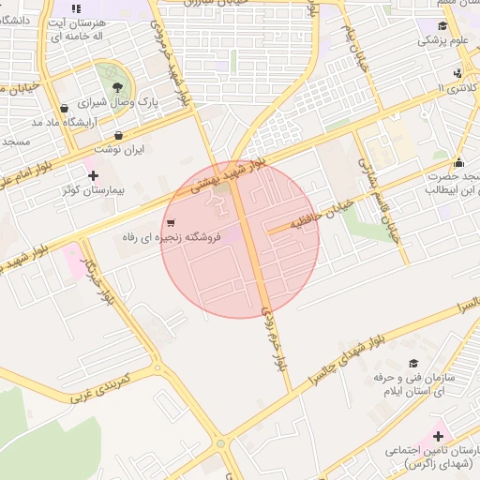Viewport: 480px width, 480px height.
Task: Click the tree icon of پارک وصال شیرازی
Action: [116, 87]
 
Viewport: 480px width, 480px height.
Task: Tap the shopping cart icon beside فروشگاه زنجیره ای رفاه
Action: [170, 223]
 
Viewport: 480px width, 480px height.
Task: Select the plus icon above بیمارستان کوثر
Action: [93, 175]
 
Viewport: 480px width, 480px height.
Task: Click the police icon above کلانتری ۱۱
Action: [457, 73]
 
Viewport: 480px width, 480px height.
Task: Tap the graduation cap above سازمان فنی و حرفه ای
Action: [413, 363]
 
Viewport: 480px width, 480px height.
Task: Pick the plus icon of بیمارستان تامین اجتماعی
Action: [438, 435]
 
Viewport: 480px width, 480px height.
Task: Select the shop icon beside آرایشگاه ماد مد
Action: [64, 108]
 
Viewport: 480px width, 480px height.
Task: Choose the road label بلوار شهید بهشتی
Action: [229, 174]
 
